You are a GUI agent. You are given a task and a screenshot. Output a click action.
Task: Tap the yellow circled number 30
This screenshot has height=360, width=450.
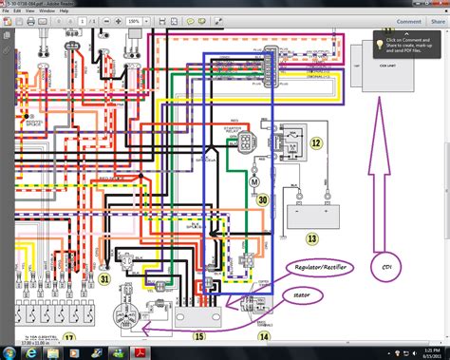pyautogui.click(x=262, y=200)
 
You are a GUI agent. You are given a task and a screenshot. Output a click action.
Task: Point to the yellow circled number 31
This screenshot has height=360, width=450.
pyautogui.click(x=105, y=279)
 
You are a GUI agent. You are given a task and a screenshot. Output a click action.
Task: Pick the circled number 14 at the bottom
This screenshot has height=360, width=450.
pyautogui.click(x=264, y=336)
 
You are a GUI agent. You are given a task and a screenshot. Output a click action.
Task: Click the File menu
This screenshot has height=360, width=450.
pyautogui.click(x=6, y=11)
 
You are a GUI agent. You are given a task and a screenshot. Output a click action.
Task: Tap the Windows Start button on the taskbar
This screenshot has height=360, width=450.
pyautogui.click(x=9, y=351)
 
